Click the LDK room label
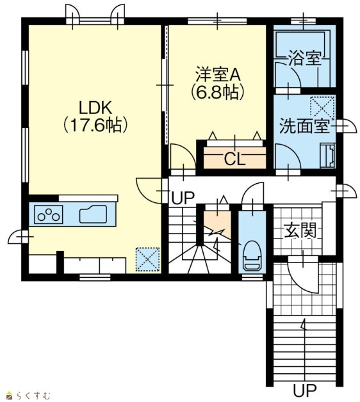pyautogui.click(x=95, y=108)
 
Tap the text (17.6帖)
pyautogui.click(x=95, y=125)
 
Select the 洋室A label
pyautogui.click(x=218, y=74)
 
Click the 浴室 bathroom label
pyautogui.click(x=304, y=58)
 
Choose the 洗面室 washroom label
pyautogui.click(x=304, y=125)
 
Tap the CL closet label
pyautogui.click(x=234, y=159)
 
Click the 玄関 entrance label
pyautogui.click(x=300, y=230)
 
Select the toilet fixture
pyautogui.click(x=252, y=255)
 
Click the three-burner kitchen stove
pyautogui.click(x=48, y=214)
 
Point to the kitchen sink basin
pyautogui.click(x=93, y=214)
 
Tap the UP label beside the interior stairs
pyautogui.click(x=183, y=198)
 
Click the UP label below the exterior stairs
pyautogui.click(x=305, y=391)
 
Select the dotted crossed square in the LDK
pyautogui.click(x=147, y=259)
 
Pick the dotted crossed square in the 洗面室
pyautogui.click(x=322, y=108)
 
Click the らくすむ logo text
pyautogui.click(x=33, y=396)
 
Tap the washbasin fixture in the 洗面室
pyautogui.click(x=327, y=156)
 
